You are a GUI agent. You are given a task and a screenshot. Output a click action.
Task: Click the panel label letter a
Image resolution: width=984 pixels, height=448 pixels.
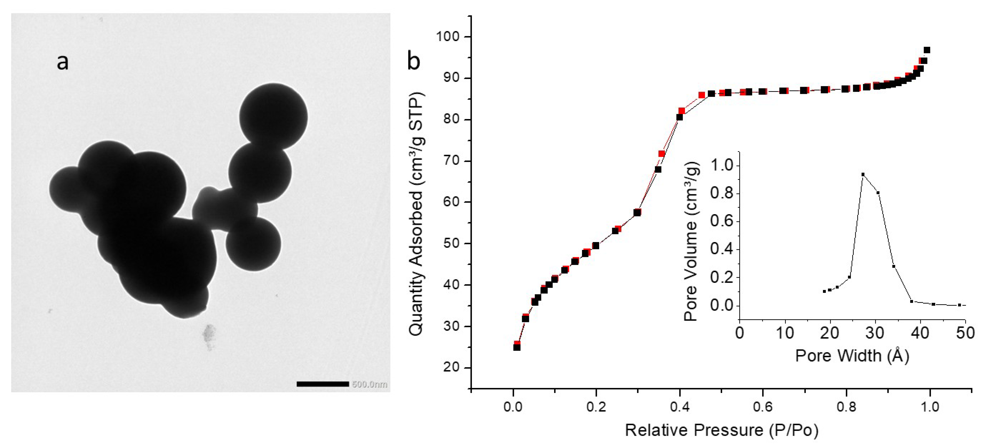pyautogui.click(x=63, y=62)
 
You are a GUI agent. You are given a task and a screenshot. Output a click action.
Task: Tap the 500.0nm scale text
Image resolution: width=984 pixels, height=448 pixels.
pyautogui.click(x=369, y=384)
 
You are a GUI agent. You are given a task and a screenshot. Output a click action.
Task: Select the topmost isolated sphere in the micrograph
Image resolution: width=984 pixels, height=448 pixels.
pyautogui.click(x=273, y=117)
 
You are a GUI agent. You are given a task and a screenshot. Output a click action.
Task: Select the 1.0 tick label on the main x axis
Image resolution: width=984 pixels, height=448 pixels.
pyautogui.click(x=929, y=407)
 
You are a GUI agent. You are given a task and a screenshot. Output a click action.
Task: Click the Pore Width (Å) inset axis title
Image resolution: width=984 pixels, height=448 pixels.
pyautogui.click(x=852, y=356)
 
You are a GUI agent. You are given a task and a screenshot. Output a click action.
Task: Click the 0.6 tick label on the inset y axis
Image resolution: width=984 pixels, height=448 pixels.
pyautogui.click(x=722, y=221)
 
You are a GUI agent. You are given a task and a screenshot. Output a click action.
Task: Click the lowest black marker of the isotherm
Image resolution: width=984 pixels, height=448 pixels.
pyautogui.click(x=517, y=347)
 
